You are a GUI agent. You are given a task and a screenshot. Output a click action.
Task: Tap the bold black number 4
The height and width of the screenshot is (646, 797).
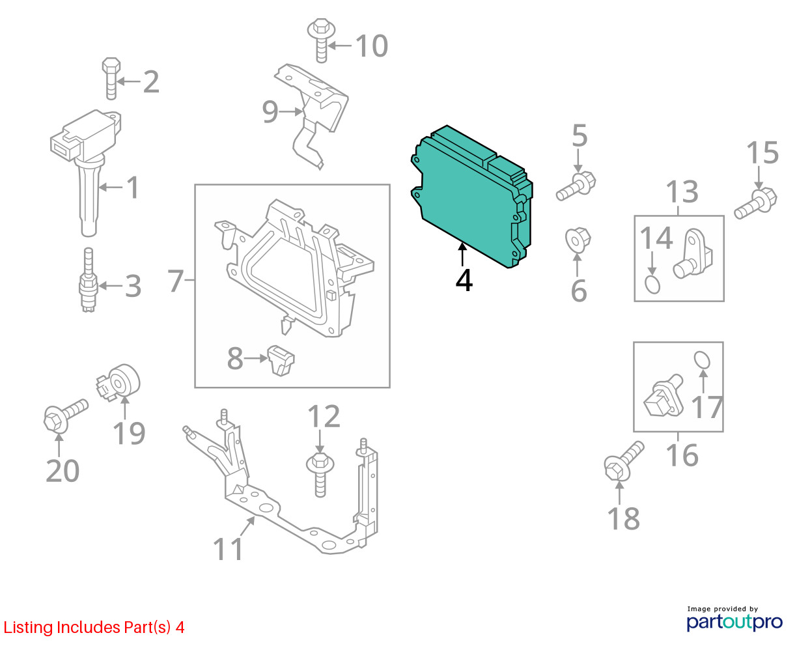coord(464,281)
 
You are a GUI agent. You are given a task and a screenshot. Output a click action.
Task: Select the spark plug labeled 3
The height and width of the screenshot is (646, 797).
coord(89,280)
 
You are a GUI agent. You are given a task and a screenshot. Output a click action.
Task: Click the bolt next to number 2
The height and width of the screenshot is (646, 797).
coord(111,79)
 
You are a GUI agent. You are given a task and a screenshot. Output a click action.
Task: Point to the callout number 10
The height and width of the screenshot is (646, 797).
coord(372,46)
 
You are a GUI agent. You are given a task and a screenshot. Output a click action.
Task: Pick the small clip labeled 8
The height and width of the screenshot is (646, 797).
coord(281,360)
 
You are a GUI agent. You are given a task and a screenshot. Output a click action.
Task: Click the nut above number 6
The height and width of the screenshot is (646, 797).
coord(578,240)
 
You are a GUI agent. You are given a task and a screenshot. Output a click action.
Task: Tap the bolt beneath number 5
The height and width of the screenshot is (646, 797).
coord(576,186)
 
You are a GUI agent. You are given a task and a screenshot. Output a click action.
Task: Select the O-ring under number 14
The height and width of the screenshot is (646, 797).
coord(652,285)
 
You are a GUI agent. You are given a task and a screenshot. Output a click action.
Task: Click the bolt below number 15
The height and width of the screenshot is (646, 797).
coord(755,203)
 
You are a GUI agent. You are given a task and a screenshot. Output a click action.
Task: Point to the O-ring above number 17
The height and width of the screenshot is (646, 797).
coord(702,360)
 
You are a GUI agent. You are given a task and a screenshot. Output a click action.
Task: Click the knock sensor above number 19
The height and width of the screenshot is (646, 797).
coord(119,383)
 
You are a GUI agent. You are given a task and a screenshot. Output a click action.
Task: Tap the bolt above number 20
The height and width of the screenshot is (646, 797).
coord(66,416)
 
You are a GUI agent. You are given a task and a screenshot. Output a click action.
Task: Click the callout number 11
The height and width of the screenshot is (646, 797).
coord(228,549)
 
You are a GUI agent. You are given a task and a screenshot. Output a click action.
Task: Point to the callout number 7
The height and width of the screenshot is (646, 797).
coord(176,281)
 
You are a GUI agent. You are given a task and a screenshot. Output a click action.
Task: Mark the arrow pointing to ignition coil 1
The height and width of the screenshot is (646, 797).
coord(111,186)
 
